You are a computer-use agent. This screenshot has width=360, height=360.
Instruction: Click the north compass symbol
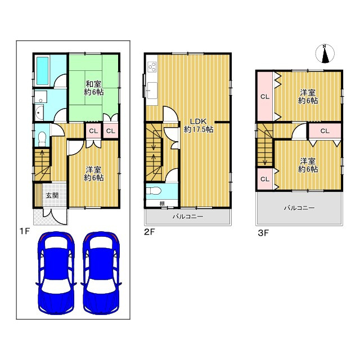(325, 53)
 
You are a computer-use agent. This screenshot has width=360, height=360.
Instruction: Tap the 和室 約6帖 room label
(94, 88)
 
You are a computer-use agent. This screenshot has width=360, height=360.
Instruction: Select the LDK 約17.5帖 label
(199, 125)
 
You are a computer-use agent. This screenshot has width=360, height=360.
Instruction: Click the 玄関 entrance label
(52, 196)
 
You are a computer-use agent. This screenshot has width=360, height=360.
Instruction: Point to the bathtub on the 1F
(42, 71)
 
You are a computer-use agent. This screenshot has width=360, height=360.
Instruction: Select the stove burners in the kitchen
(152, 67)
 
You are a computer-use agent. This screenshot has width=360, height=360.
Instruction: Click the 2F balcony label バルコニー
(188, 217)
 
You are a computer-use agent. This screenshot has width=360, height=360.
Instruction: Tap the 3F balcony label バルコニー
(299, 208)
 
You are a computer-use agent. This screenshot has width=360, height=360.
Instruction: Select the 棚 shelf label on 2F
(162, 204)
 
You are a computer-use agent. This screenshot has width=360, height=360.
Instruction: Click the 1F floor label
(25, 231)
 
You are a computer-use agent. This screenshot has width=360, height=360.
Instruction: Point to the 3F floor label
(263, 233)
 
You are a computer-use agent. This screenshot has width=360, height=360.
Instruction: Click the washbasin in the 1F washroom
(39, 112)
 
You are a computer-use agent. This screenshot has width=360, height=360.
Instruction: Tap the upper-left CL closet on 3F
(265, 97)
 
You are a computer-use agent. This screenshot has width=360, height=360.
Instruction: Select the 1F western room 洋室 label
(94, 174)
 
